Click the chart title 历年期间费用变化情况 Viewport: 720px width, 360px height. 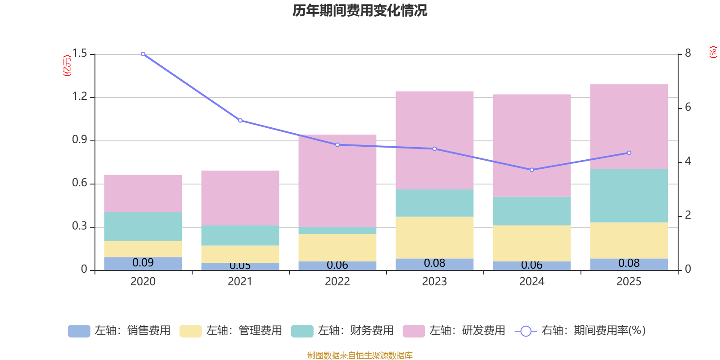[360, 10]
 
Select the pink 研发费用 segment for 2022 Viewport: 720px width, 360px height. [337, 180]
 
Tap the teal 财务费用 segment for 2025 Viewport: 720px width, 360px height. [629, 196]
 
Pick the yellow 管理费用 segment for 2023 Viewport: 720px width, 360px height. [435, 238]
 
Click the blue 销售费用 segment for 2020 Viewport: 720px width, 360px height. [143, 264]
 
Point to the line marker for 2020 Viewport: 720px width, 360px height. [143, 54]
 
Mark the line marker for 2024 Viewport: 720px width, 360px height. [532, 170]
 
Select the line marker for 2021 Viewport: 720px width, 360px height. [240, 121]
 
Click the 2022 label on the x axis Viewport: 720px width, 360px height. [337, 282]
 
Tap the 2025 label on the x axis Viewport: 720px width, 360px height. [629, 282]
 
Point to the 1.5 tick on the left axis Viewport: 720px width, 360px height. [80, 54]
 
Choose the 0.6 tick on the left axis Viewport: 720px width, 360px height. [80, 183]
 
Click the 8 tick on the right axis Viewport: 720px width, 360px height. [688, 54]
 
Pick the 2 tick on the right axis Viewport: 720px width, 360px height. [688, 215]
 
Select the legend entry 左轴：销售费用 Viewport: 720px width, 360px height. [119, 331]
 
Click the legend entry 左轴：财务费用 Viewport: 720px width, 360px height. [342, 331]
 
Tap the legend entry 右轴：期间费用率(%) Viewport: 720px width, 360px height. [580, 331]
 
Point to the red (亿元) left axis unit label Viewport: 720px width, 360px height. [67, 66]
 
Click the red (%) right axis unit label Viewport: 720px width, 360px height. [713, 52]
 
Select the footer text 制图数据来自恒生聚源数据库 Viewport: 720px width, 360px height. [360, 355]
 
